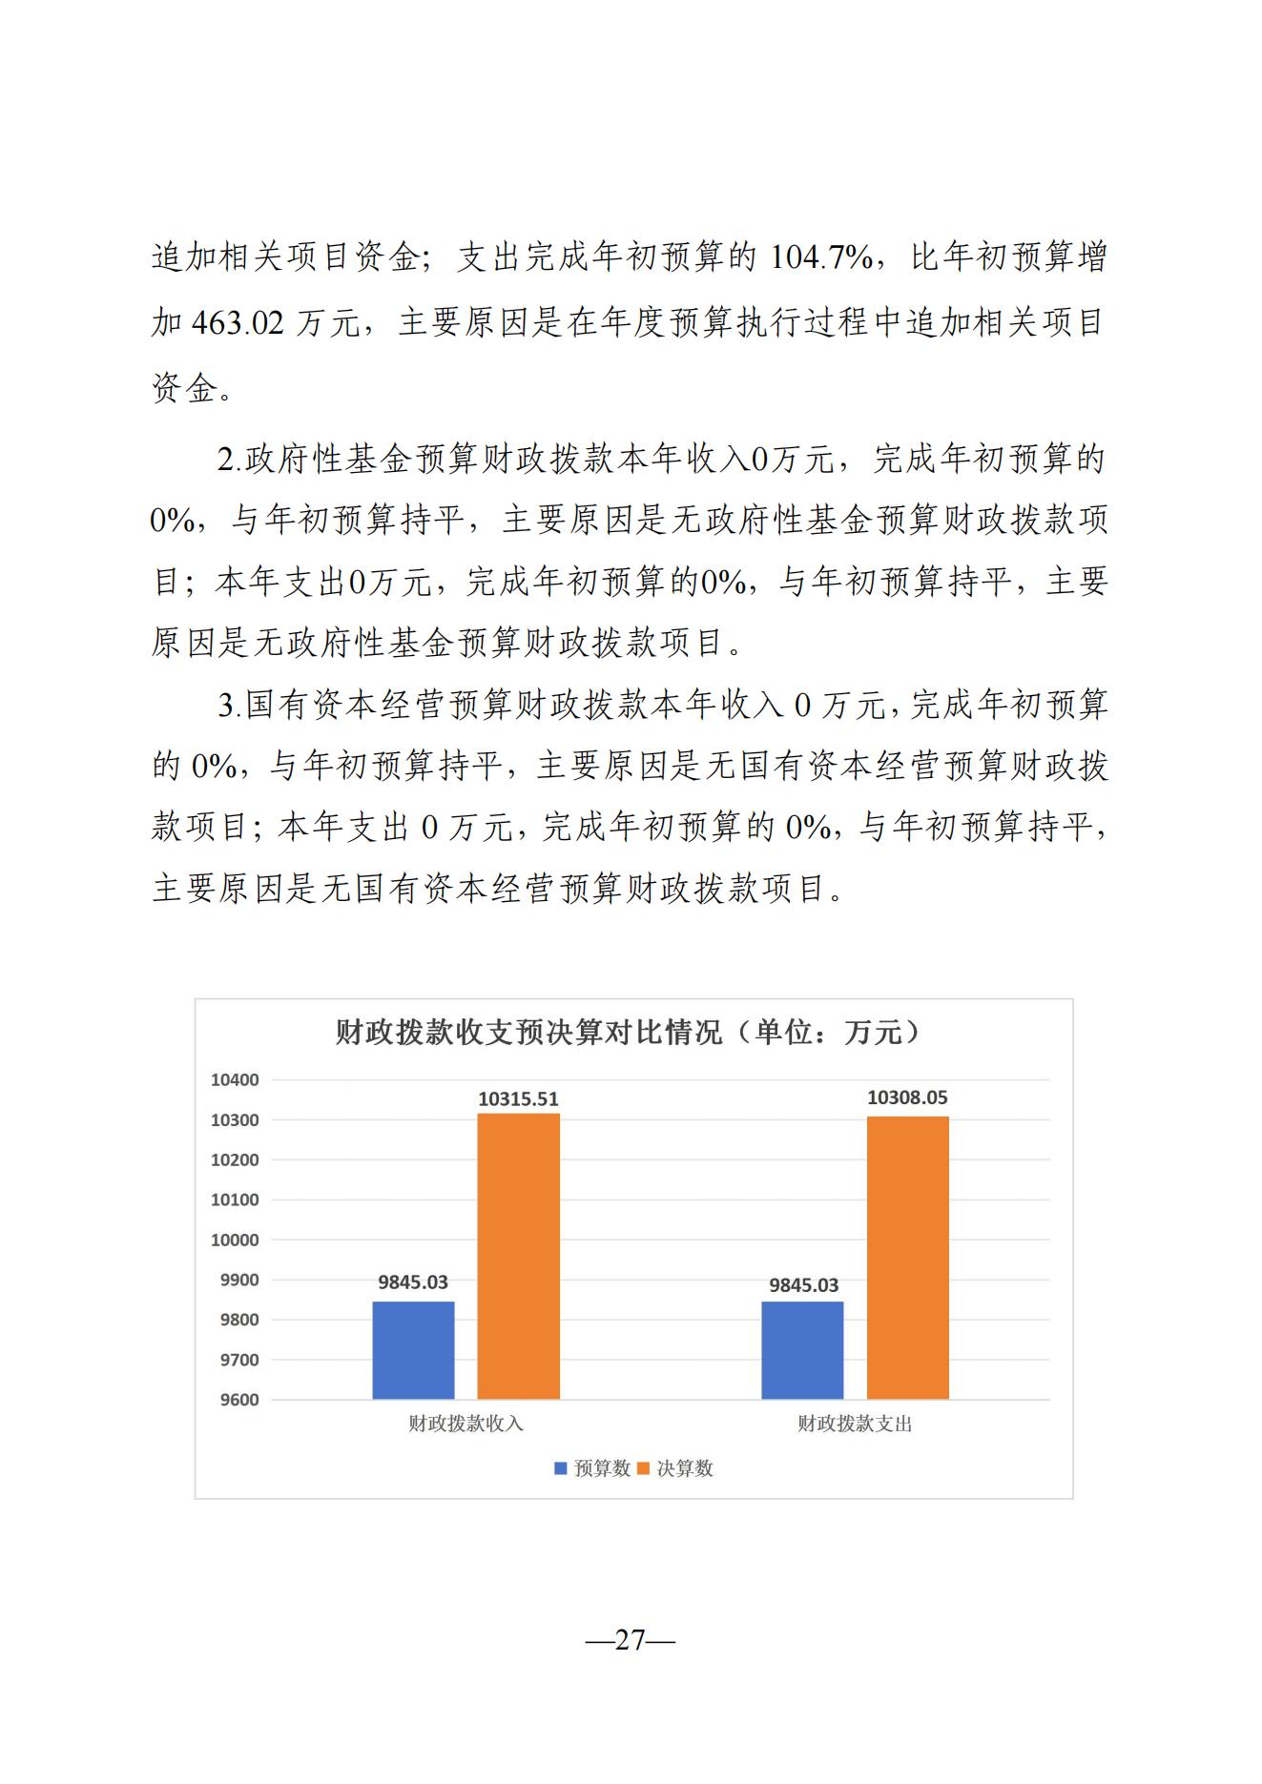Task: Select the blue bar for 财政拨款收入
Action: coord(413,1349)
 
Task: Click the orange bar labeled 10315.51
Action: coord(518,1256)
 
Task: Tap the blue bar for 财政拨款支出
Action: coord(802,1349)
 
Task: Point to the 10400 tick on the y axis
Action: coord(235,1080)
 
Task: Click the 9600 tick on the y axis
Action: coord(238,1400)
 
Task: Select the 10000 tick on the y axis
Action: coord(235,1241)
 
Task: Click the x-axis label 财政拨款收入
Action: coord(465,1424)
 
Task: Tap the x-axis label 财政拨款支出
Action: coord(855,1424)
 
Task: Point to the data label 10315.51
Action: coord(518,1098)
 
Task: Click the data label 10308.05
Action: coord(907,1097)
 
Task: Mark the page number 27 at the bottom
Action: coord(631,1640)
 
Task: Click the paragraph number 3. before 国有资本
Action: coord(229,707)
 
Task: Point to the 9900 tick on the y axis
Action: coord(238,1281)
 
